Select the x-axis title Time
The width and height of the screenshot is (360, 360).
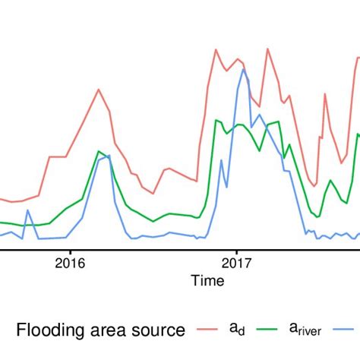pyautogui.click(x=207, y=282)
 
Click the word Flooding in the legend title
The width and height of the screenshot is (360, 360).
pyautogui.click(x=52, y=330)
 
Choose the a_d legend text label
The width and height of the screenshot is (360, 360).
pyautogui.click(x=237, y=329)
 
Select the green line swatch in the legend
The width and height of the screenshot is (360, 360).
pyautogui.click(x=274, y=329)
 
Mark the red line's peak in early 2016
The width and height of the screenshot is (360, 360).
pyautogui.click(x=99, y=89)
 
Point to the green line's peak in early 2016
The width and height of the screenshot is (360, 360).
pyautogui.click(x=99, y=150)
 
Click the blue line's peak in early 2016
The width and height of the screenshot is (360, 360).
pyautogui.click(x=109, y=155)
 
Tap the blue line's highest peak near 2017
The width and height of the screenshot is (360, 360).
pyautogui.click(x=243, y=69)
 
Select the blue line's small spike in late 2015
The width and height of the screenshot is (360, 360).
pyautogui.click(x=28, y=210)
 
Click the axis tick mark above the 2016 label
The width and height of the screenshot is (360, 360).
pyautogui.click(x=70, y=250)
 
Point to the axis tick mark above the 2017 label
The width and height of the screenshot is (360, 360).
pyautogui.click(x=236, y=250)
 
